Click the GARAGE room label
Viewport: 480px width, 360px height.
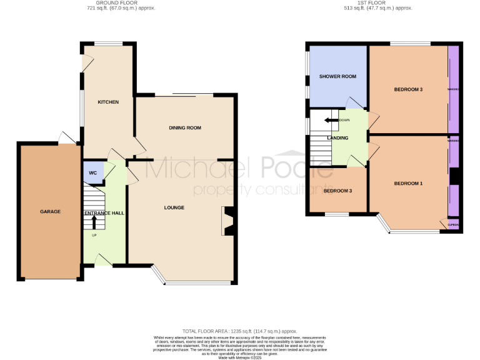[x=51, y=212]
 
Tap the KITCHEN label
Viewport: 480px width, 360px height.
[x=107, y=102]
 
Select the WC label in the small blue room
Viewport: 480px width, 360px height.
[x=92, y=173]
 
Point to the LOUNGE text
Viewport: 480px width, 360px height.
[x=174, y=207]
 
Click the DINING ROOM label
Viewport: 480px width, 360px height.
[x=185, y=127]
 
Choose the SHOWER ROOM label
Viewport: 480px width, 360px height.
[x=337, y=76]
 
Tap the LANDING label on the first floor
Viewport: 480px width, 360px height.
[x=337, y=137]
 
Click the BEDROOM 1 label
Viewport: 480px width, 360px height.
[x=408, y=183]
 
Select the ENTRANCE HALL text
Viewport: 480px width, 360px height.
[x=104, y=213]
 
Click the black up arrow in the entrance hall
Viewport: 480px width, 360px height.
[x=94, y=221]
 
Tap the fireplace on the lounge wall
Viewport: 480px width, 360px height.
[x=227, y=221]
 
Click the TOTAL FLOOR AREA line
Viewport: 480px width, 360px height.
[x=239, y=331]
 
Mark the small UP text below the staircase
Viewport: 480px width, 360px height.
[x=94, y=236]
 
